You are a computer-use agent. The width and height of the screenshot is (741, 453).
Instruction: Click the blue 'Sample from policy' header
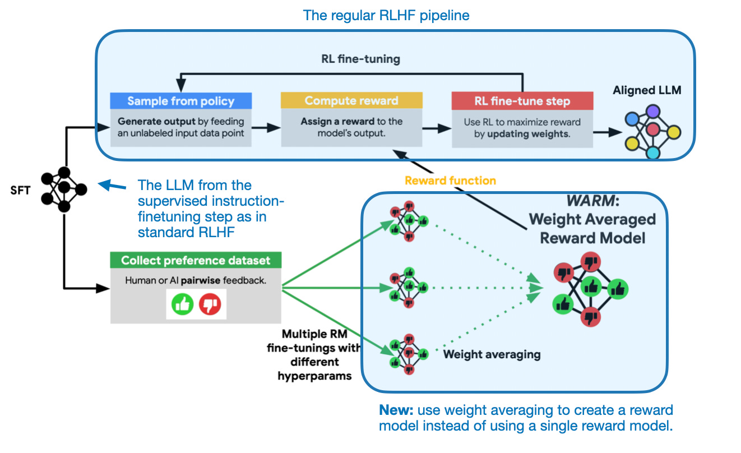point(180,101)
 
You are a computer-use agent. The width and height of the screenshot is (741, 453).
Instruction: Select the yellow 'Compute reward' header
point(351,101)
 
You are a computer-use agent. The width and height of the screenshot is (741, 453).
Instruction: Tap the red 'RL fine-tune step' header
point(522,101)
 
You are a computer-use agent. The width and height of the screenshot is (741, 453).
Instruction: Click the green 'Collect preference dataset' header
point(196,260)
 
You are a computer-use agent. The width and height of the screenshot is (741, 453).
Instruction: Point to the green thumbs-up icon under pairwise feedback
point(182,304)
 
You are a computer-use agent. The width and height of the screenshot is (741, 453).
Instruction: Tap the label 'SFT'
point(20,190)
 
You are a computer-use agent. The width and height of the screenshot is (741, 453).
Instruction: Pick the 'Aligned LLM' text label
point(647,90)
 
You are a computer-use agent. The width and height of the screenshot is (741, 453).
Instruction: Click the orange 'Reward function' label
point(450,181)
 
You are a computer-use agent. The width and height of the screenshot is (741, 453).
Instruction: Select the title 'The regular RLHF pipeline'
point(386,15)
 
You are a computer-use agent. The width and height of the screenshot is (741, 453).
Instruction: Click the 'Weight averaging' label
point(492,354)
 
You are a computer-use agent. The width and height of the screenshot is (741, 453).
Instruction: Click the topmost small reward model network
point(409,220)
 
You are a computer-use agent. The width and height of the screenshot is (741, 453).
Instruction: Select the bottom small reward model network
point(409,354)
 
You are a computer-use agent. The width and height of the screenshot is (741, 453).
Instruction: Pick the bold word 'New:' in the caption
point(396,410)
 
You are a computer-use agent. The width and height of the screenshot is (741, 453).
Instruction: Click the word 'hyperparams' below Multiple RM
point(314,376)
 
